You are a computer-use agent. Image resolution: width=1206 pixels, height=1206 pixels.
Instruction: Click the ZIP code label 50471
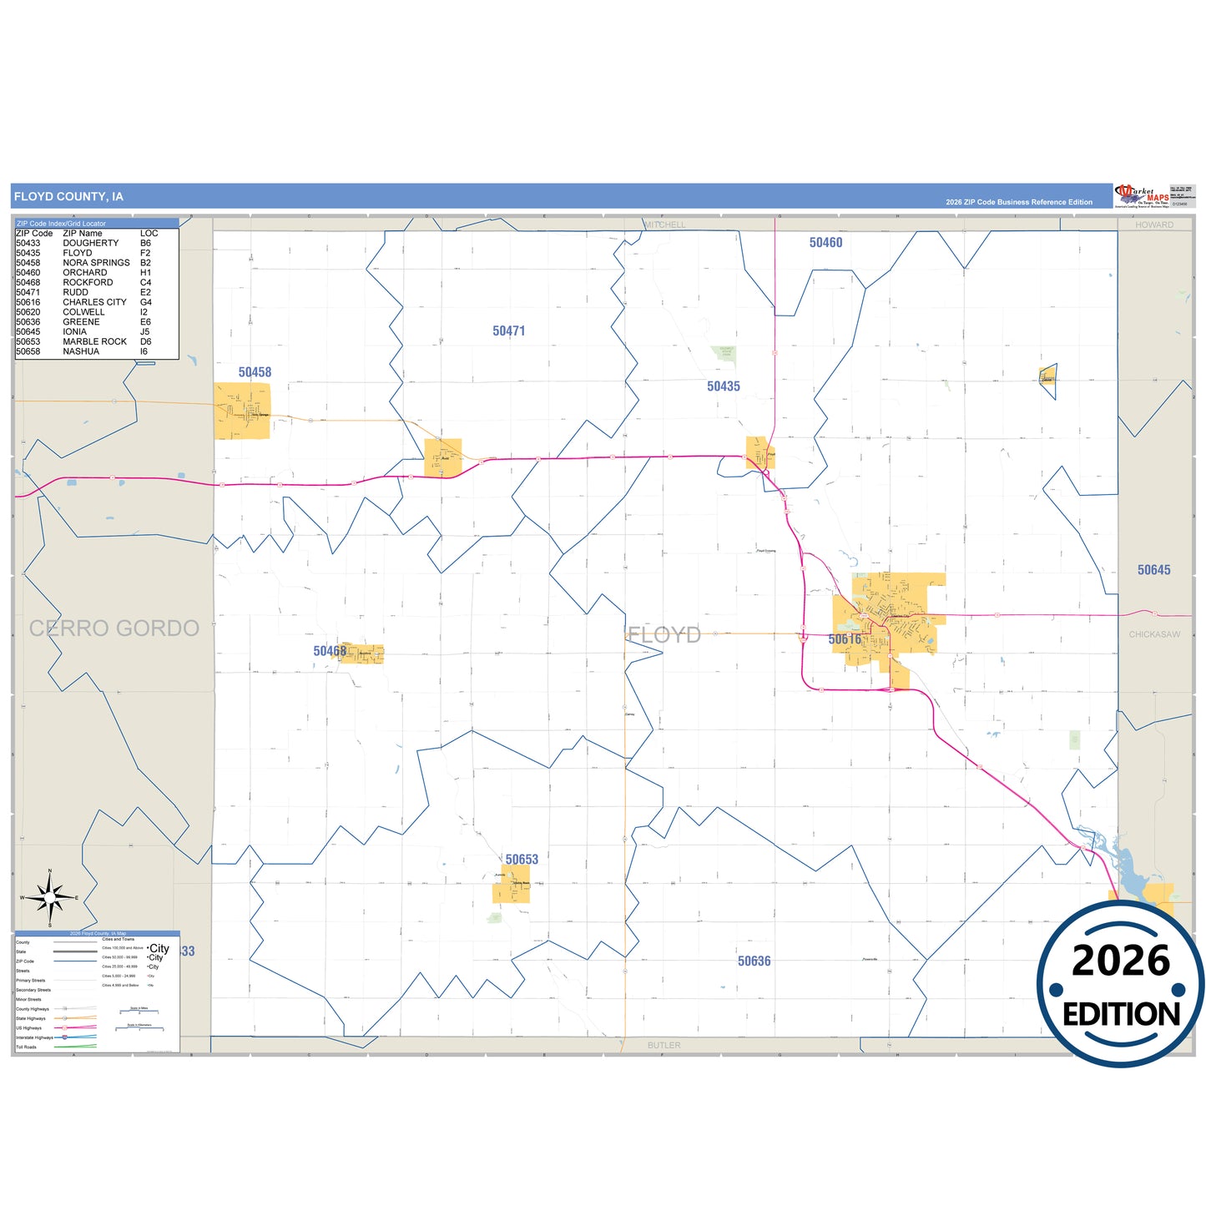[x=508, y=331]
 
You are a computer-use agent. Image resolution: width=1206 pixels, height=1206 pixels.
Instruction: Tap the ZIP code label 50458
[x=255, y=372]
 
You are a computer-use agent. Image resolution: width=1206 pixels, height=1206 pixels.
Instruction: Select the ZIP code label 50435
[x=723, y=386]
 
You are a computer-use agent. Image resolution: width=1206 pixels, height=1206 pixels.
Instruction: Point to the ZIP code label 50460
[x=825, y=243]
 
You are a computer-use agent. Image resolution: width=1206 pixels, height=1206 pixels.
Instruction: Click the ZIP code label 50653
[x=522, y=860]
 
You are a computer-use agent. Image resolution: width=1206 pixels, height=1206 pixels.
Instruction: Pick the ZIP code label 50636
[x=754, y=961]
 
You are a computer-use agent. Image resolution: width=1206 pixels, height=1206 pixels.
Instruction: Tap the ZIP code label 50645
[x=1153, y=570]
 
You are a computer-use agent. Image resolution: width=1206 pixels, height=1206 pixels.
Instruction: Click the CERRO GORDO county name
[x=114, y=628]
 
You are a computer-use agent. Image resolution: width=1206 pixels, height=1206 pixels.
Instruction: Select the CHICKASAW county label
[x=1154, y=635]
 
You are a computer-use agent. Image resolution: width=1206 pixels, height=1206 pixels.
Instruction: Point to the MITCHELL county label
[x=665, y=225]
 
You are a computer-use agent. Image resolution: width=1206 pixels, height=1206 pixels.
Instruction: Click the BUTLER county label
[x=664, y=1046]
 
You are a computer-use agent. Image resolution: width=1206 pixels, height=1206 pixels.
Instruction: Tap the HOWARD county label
[x=1154, y=225]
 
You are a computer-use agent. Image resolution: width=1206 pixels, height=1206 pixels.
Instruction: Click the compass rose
[x=50, y=898]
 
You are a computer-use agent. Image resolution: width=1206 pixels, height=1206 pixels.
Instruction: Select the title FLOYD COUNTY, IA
[x=68, y=197]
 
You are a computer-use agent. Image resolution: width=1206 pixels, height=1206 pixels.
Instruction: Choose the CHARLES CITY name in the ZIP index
[x=94, y=302]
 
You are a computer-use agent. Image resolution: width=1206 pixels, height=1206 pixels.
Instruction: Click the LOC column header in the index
[x=149, y=234]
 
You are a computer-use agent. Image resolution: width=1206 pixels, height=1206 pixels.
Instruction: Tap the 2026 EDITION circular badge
[x=1120, y=985]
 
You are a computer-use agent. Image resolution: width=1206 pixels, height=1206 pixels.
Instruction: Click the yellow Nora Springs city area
[x=242, y=411]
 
